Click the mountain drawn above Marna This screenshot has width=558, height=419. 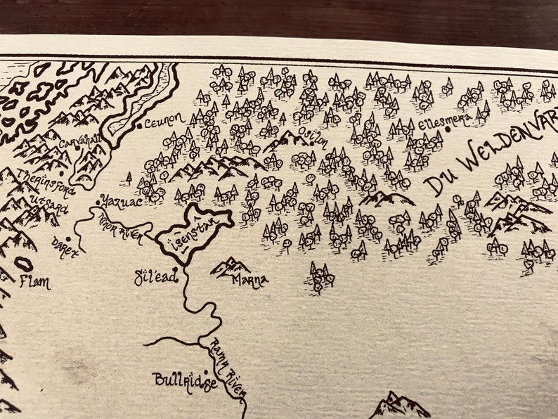click(x=231, y=266)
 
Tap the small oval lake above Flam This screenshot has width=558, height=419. click(x=23, y=264)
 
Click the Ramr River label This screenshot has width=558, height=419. click(x=224, y=366)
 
